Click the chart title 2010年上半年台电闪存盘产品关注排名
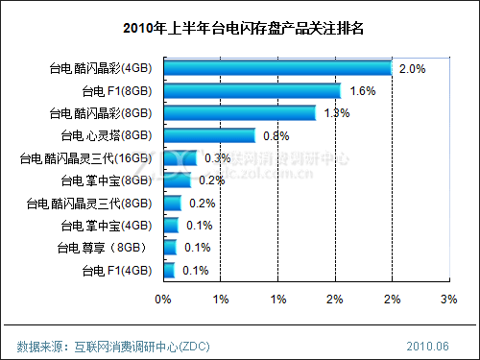coord(241,27)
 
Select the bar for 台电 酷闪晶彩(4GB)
coord(277,68)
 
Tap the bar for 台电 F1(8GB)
coord(252,91)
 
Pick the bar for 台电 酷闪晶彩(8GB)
coord(239,113)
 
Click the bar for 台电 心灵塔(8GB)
coord(209,135)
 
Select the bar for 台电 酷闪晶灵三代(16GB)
coord(180,158)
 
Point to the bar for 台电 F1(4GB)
coord(169,271)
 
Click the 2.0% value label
coord(412,69)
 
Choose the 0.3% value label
coord(218,157)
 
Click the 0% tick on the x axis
coord(163,300)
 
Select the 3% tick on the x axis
coord(448,300)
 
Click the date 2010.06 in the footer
coord(428,345)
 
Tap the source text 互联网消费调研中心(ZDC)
coord(140,345)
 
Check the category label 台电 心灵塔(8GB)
coord(108,136)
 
